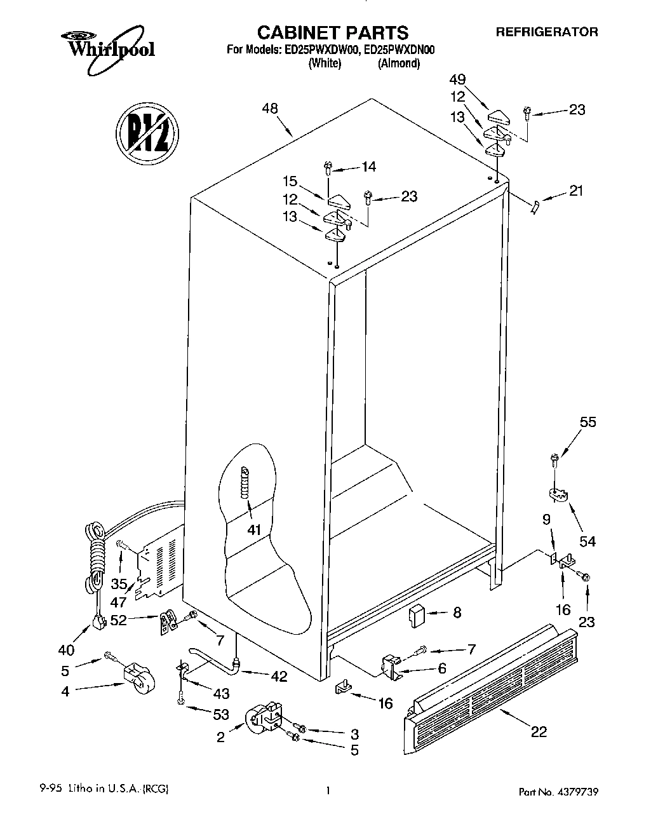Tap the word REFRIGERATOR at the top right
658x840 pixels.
coord(546,31)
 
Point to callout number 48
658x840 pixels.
coord(269,109)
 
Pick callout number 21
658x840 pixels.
coord(576,190)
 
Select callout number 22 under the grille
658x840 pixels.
coord(539,731)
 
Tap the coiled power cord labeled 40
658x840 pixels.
coord(95,559)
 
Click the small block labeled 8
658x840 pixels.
coord(417,615)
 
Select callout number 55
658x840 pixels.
coord(588,422)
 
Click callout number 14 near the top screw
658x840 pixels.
coord(368,166)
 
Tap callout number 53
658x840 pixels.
coord(220,714)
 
